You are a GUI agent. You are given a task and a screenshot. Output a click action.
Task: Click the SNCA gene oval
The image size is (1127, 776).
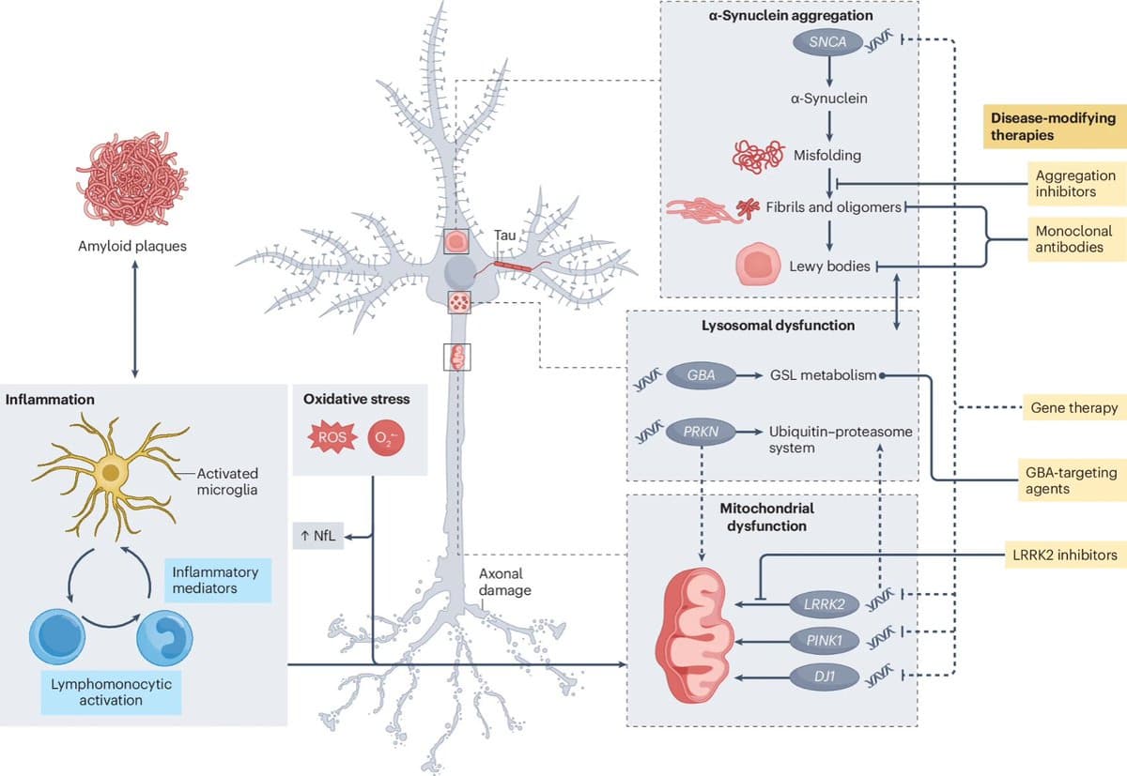828,42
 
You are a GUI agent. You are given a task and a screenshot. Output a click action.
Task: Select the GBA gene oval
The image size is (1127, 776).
702,375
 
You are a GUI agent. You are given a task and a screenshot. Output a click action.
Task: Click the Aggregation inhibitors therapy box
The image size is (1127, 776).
1075,183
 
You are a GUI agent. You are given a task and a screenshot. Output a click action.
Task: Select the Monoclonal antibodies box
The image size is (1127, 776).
1075,239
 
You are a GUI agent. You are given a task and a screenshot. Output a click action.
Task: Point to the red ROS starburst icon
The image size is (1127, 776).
330,437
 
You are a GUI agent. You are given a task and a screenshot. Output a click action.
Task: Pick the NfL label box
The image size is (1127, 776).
318,537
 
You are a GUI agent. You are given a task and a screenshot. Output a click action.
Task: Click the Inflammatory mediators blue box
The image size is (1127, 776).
216,580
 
